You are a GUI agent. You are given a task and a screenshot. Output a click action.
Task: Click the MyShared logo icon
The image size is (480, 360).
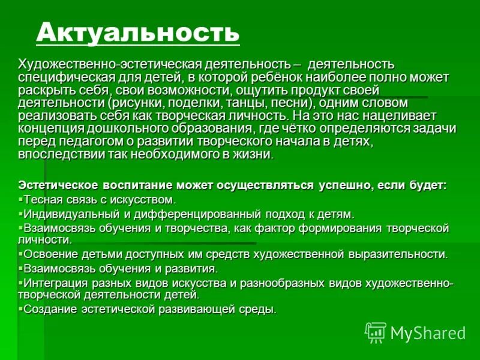[376, 332]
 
